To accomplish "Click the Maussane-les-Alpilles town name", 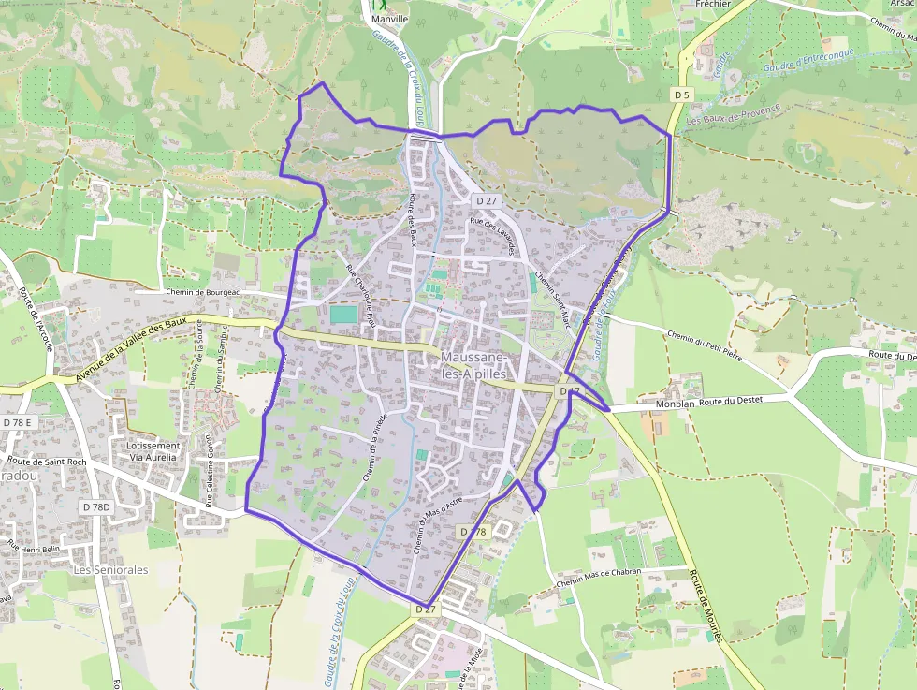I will point(474,365).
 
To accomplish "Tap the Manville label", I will point(389,19).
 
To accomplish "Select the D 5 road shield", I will point(681,95).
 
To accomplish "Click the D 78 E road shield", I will point(17,422).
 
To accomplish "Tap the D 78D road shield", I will point(95,506).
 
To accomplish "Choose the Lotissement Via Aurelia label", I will point(153,451).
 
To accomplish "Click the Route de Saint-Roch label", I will point(47,461).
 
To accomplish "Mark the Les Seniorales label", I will point(111,569).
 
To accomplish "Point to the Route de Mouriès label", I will point(706,606).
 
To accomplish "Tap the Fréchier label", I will point(713,4).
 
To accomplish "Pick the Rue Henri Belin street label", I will point(34,549).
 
